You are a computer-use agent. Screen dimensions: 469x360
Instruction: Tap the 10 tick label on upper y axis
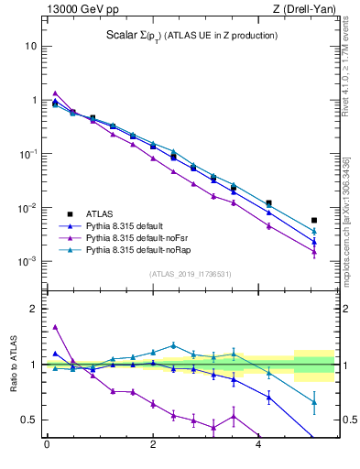click(31, 46)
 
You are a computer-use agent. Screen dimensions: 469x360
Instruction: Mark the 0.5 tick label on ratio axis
click(27, 420)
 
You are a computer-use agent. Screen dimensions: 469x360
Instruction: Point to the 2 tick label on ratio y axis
click(33, 309)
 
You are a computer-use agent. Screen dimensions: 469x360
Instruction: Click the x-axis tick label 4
click(258, 447)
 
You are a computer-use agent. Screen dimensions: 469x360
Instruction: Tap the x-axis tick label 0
click(47, 447)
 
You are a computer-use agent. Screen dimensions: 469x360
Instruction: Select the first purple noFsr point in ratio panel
click(55, 327)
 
